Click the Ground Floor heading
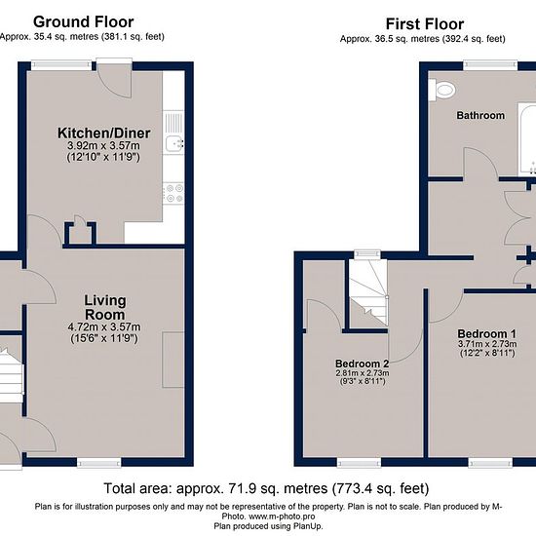click(x=84, y=22)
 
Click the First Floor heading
click(x=425, y=24)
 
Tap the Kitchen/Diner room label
click(x=104, y=134)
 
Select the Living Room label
click(x=105, y=307)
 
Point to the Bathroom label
click(x=480, y=116)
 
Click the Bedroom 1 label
click(x=486, y=333)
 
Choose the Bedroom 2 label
click(x=362, y=364)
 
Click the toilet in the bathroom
click(x=442, y=90)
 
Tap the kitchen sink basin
click(x=174, y=143)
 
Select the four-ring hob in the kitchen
click(x=173, y=193)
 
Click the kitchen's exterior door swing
click(x=115, y=81)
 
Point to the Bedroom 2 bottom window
click(x=359, y=463)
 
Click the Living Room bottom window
click(x=99, y=463)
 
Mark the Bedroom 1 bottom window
click(x=490, y=463)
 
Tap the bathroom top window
click(x=490, y=65)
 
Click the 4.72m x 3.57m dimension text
click(x=104, y=326)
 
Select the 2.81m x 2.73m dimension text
click(x=363, y=373)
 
